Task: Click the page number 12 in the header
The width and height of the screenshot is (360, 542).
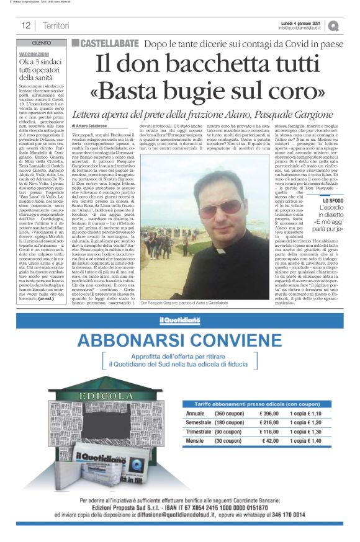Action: [x=26, y=25]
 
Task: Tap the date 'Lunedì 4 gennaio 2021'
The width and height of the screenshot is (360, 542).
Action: [x=304, y=22]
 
